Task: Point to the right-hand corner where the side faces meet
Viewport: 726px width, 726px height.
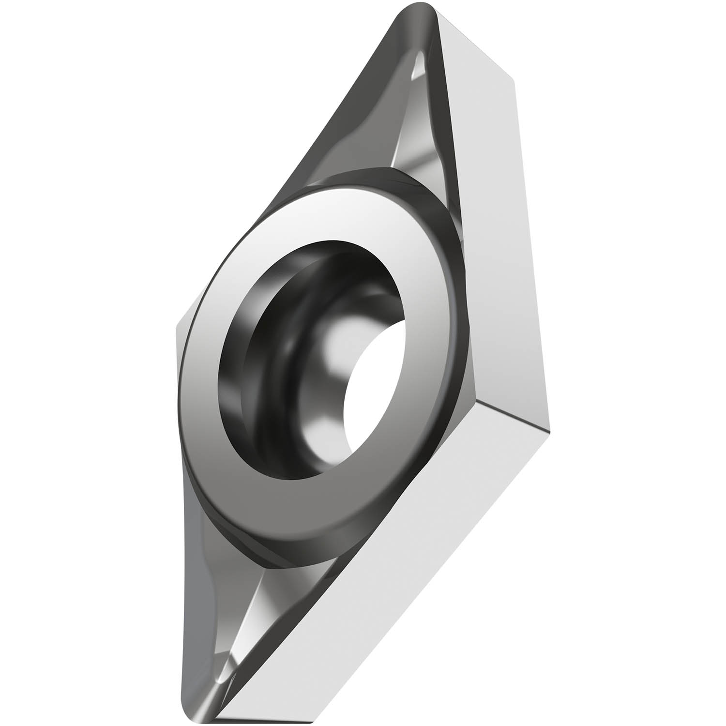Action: tap(549, 426)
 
